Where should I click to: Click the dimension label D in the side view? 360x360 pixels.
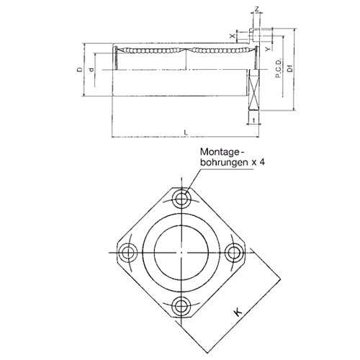tap(80, 70)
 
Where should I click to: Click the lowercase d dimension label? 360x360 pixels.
tap(91, 70)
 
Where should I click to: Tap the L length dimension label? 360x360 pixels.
tap(186, 132)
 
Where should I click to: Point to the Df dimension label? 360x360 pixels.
tap(290, 68)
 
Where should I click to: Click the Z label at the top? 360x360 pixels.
tap(256, 9)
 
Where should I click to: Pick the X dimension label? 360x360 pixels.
tap(232, 36)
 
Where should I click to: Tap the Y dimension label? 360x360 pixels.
tap(268, 49)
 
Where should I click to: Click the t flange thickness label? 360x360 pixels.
tap(254, 120)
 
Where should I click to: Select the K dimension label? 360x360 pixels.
tap(238, 312)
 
